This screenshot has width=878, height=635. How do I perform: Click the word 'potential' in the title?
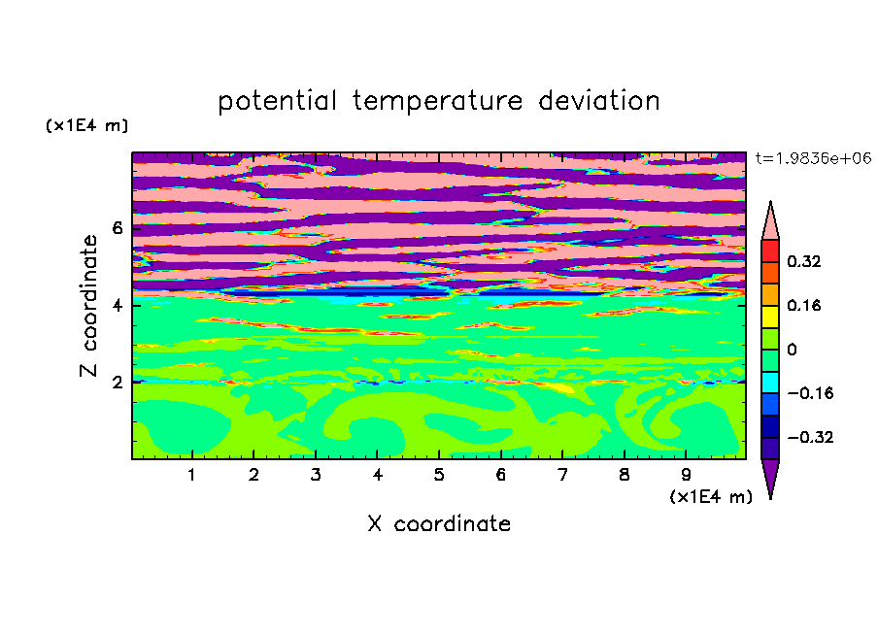[x=277, y=102]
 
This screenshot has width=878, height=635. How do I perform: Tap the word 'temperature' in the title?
[x=437, y=102]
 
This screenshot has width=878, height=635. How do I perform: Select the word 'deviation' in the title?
[x=599, y=100]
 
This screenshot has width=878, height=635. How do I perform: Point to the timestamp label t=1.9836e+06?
[x=813, y=158]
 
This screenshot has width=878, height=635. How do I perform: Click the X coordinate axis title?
[x=439, y=523]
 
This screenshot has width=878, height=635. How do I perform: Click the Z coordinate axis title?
[x=89, y=305]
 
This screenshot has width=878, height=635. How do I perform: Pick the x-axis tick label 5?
[x=439, y=475]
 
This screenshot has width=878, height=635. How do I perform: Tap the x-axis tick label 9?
[x=686, y=475]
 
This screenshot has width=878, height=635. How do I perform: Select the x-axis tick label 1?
[x=192, y=475]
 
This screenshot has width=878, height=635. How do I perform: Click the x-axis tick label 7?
[x=562, y=475]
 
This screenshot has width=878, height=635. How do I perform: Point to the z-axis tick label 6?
[x=117, y=228]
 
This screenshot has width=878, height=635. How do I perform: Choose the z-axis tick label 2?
[x=117, y=383]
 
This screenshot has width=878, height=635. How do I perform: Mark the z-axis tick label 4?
[x=117, y=305]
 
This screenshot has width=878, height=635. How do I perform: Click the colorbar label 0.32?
[x=803, y=261]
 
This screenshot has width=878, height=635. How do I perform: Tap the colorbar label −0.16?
[x=810, y=393]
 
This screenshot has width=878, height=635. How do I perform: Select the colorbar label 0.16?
[x=803, y=305]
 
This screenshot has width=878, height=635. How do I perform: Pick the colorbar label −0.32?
[x=810, y=437]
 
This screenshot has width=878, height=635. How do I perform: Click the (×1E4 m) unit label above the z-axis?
[x=86, y=125]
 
